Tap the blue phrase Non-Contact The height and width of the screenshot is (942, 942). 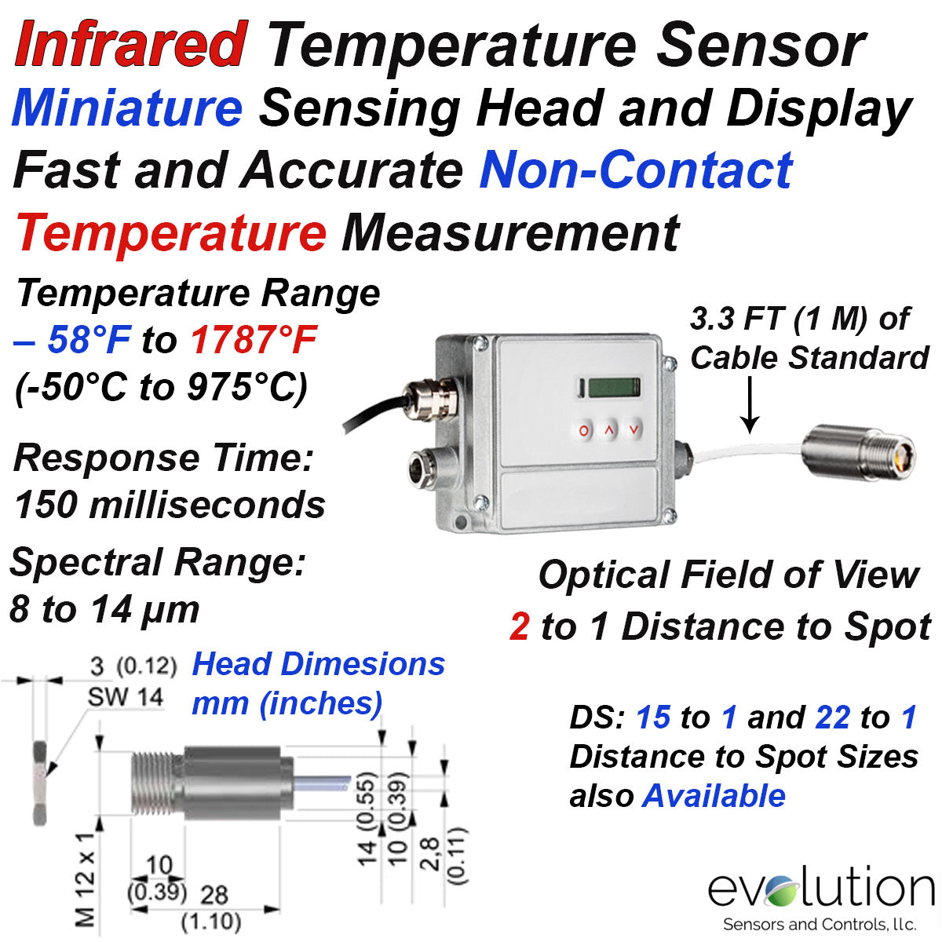click(636, 170)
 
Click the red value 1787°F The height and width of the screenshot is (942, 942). click(254, 339)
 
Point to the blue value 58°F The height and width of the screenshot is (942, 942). click(89, 339)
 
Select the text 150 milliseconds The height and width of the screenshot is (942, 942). click(170, 505)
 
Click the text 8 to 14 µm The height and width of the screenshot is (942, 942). click(104, 610)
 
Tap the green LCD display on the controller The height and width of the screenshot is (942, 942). click(614, 388)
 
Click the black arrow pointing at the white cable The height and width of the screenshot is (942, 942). click(750, 404)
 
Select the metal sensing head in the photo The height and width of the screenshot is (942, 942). click(858, 453)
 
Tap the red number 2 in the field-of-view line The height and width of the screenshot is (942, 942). click(519, 627)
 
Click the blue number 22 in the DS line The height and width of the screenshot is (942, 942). click(833, 717)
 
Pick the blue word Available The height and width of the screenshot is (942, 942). click(714, 796)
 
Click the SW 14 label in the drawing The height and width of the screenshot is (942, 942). click(125, 696)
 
